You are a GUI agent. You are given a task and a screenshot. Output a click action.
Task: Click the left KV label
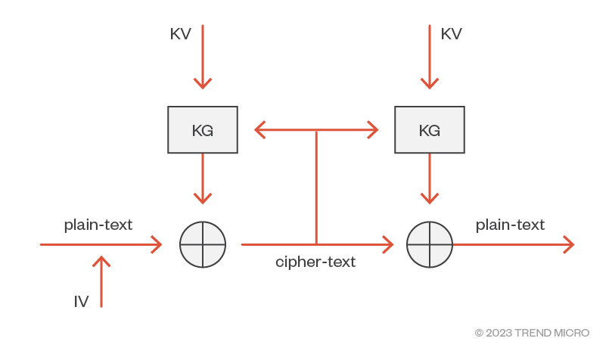click(x=180, y=34)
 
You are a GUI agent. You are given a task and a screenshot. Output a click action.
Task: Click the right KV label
click(x=451, y=34)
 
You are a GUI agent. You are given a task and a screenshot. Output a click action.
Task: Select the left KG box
click(x=203, y=130)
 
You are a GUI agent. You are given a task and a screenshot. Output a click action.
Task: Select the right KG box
click(x=430, y=130)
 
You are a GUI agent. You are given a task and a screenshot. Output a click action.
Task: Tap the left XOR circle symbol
click(x=203, y=245)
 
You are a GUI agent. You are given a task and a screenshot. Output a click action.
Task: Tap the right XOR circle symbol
click(x=430, y=245)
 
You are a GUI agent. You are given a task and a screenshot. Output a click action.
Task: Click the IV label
click(x=81, y=302)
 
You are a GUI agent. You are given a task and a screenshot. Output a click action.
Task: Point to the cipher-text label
click(x=315, y=262)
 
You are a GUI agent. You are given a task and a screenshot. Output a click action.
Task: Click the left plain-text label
click(x=98, y=225)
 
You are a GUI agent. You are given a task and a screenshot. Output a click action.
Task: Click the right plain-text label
click(x=510, y=225)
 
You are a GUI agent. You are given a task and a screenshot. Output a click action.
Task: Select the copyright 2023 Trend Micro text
click(x=532, y=333)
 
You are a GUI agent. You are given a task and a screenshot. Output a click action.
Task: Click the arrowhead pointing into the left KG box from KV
click(x=203, y=83)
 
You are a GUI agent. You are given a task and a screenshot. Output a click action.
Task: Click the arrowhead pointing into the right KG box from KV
click(x=430, y=83)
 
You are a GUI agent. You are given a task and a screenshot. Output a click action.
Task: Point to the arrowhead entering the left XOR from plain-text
click(x=157, y=245)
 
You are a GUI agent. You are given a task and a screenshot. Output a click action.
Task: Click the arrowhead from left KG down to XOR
click(x=203, y=198)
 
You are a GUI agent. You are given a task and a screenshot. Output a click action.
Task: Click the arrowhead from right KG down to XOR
click(x=430, y=198)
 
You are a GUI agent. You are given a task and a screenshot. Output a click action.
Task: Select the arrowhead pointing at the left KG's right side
click(x=260, y=130)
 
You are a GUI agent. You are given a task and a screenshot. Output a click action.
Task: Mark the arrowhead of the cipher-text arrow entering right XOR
click(x=388, y=245)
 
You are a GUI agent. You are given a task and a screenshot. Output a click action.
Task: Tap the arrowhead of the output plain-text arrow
click(x=569, y=245)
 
